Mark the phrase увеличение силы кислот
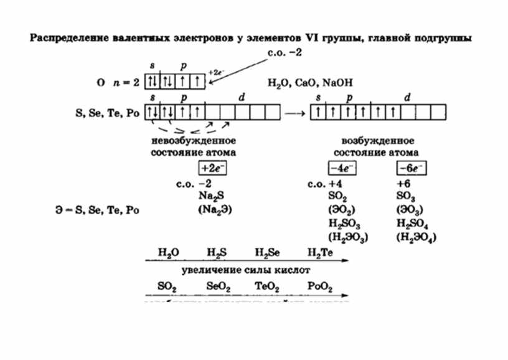(245, 271)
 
